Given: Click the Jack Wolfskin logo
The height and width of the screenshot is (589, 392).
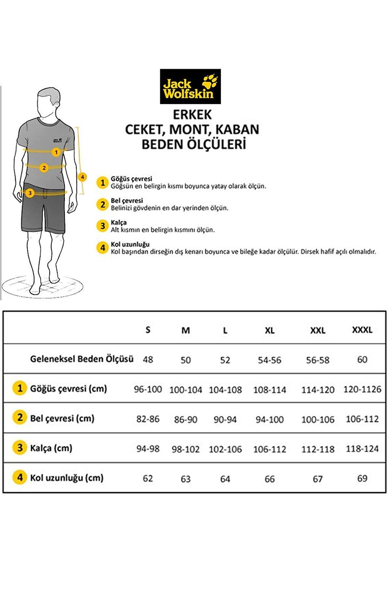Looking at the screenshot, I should click(x=190, y=86).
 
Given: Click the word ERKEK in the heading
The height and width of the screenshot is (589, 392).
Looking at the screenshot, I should click(x=192, y=115).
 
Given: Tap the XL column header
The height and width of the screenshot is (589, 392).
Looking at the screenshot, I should click(x=269, y=330).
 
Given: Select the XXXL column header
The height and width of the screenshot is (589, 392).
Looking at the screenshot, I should click(x=362, y=330).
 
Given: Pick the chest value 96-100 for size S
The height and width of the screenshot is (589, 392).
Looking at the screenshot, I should click(x=148, y=389).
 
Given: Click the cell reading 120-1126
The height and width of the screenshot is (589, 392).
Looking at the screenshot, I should click(x=362, y=389).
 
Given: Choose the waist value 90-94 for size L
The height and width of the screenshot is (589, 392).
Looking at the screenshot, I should click(x=225, y=419).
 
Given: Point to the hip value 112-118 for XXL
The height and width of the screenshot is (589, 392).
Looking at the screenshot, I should click(x=318, y=449).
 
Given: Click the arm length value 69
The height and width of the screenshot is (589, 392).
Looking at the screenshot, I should click(x=362, y=479).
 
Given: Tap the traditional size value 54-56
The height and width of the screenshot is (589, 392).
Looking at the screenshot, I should click(x=269, y=360).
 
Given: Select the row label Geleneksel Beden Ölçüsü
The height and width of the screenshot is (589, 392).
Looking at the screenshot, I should click(x=82, y=359).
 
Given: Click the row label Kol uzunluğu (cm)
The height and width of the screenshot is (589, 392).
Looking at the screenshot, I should click(x=67, y=478).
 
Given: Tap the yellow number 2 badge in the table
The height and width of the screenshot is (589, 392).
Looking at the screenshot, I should click(x=20, y=417).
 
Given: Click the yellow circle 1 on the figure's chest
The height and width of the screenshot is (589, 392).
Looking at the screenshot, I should click(x=56, y=152).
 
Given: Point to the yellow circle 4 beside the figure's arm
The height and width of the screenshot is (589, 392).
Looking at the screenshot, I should click(x=82, y=177).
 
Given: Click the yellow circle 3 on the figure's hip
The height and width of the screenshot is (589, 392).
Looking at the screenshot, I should click(x=30, y=193).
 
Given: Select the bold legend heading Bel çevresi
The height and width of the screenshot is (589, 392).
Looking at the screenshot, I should click(x=127, y=201).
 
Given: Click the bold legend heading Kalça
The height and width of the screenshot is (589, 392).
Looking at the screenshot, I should click(x=118, y=223).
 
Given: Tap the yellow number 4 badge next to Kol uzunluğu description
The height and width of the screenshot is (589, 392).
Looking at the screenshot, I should click(x=103, y=248).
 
